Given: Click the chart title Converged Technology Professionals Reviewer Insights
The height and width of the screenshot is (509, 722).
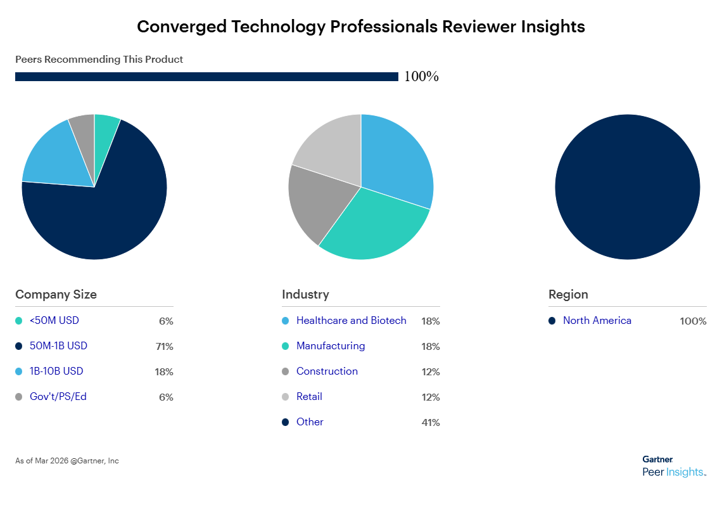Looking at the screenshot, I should click(x=360, y=27).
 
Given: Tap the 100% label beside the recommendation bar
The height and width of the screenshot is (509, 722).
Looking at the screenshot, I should click(x=421, y=77).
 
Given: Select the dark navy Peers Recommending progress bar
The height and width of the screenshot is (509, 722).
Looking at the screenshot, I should click(x=206, y=77).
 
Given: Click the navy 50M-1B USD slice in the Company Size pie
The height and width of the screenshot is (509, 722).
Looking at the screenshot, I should click(x=101, y=216).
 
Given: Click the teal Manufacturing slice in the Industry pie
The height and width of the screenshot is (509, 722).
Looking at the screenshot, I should click(x=374, y=228).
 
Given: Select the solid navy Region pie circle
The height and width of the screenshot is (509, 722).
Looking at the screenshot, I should click(x=627, y=187).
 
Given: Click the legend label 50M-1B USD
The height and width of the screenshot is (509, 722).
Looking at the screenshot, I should click(x=58, y=346).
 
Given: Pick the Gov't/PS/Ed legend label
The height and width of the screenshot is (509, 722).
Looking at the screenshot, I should click(x=58, y=397).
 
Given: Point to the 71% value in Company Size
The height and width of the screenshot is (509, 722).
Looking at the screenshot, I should click(x=165, y=347).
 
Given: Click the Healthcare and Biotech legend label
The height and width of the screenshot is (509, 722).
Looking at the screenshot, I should click(x=351, y=321).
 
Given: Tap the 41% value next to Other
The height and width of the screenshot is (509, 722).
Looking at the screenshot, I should click(x=430, y=423).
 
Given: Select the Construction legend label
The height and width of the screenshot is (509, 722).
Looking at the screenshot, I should click(x=327, y=371).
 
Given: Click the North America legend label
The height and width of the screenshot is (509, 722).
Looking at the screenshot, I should click(x=597, y=321).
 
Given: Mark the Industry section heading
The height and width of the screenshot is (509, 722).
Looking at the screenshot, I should click(x=305, y=295).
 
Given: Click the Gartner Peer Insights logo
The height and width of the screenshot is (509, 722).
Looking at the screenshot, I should click(x=673, y=466).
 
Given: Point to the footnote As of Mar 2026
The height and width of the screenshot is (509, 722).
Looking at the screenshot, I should click(x=66, y=461).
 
